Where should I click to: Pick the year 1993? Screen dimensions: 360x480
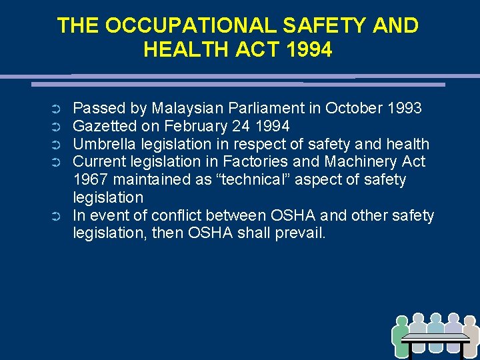pyautogui.click(x=402, y=108)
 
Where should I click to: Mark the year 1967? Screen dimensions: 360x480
pyautogui.click(x=91, y=180)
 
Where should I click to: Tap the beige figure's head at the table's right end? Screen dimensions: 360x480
pyautogui.click(x=469, y=321)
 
